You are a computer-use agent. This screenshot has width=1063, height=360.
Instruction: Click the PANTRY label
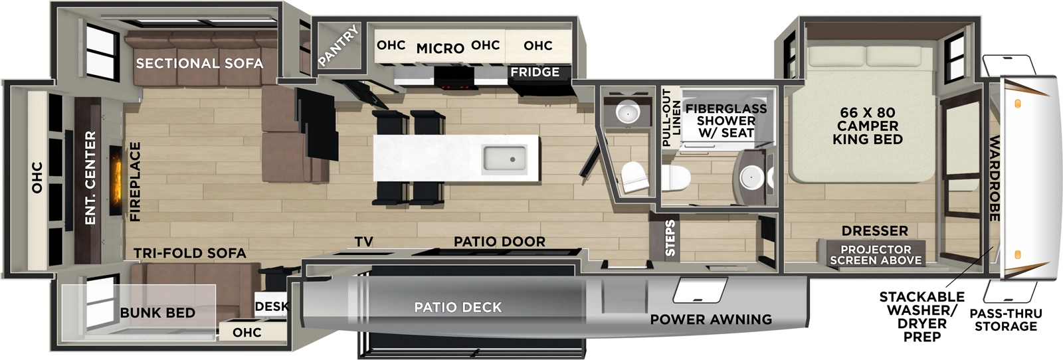tap(339, 45)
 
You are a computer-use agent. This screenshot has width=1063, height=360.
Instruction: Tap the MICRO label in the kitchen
tap(440, 48)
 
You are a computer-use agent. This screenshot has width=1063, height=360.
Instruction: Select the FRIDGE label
tap(535, 72)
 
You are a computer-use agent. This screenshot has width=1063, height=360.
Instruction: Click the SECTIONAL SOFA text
tap(199, 63)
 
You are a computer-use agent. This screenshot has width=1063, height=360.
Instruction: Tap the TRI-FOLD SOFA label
tap(190, 253)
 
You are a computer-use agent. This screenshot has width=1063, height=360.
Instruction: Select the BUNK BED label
tap(157, 313)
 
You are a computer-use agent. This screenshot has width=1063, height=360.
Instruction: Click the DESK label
tap(272, 306)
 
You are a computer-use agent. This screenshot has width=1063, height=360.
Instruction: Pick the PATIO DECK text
tap(458, 307)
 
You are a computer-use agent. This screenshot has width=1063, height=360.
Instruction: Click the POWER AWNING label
tap(711, 319)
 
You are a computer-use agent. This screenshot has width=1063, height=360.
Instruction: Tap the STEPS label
tap(670, 238)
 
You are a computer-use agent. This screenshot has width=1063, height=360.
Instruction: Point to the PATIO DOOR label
tap(500, 242)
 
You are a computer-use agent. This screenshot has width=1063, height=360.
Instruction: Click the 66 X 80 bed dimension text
tap(867, 113)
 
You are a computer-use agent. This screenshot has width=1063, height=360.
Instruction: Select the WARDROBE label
tap(995, 178)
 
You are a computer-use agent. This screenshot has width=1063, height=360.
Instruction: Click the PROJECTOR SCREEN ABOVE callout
tap(876, 255)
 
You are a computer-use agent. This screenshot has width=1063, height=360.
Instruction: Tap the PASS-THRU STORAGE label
tap(1006, 319)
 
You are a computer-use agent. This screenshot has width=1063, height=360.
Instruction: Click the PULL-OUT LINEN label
tap(672, 118)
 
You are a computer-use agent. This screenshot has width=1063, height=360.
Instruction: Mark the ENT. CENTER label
tap(90, 177)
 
